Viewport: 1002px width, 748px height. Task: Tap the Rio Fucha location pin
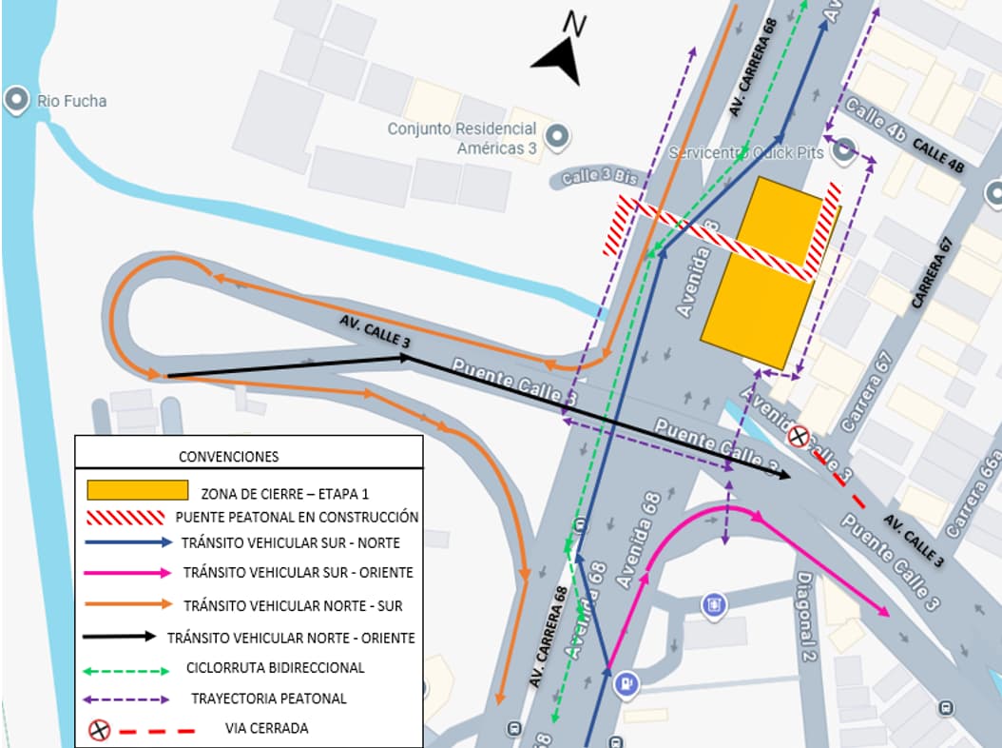(x=16, y=100)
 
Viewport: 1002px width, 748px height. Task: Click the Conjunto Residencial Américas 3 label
(x=462, y=138)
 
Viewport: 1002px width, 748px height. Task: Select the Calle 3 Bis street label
(x=593, y=176)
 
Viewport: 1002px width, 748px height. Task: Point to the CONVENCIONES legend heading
(x=229, y=457)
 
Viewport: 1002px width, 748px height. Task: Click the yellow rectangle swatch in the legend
(x=137, y=490)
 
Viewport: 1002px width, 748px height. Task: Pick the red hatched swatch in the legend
(x=125, y=517)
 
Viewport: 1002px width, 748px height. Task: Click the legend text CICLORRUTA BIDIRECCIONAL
(x=275, y=667)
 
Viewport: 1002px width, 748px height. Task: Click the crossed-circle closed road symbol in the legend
(x=100, y=730)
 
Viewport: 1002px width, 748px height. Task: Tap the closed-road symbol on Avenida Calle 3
(x=800, y=437)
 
